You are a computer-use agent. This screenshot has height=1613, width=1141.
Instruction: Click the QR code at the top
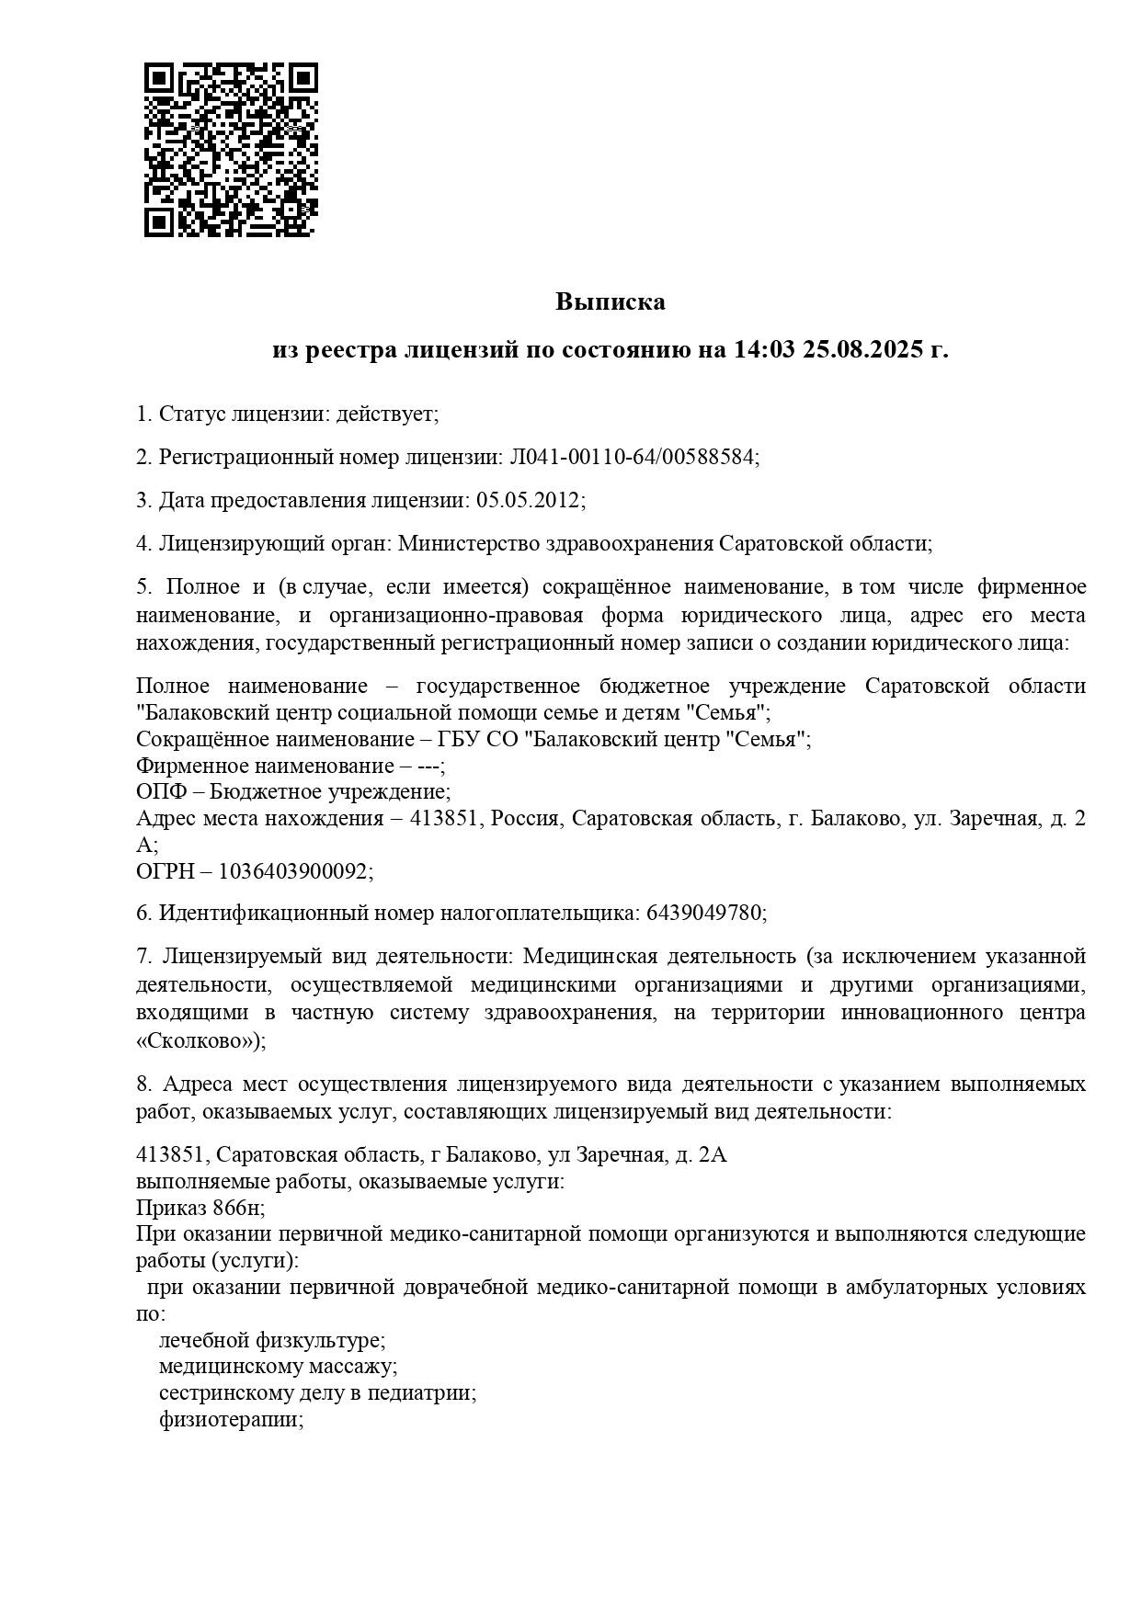[231, 150]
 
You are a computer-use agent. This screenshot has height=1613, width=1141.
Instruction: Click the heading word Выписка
[610, 301]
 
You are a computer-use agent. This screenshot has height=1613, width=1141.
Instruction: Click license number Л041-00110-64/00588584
[633, 457]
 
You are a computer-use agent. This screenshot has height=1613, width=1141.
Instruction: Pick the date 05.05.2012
[528, 500]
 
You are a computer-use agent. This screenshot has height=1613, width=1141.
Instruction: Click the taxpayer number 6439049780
[704, 913]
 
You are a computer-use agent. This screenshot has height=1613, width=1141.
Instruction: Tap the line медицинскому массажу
[277, 1367]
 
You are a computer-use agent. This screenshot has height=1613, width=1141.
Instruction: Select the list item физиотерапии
[230, 1419]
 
